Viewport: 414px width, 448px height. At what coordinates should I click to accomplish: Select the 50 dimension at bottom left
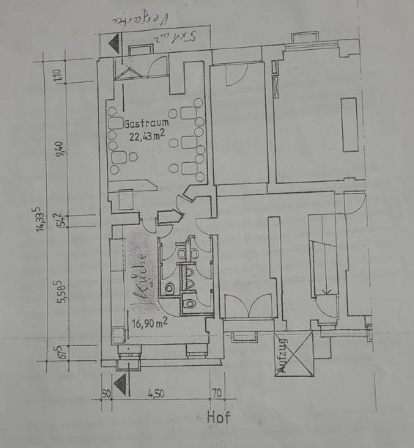pos(106,394)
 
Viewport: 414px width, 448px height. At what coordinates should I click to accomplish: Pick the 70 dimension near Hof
pos(216,394)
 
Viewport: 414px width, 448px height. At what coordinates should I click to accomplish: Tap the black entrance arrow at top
pos(114,43)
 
